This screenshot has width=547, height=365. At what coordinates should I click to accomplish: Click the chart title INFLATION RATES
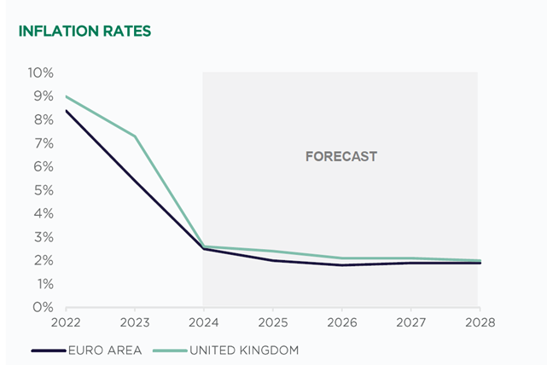tap(84, 32)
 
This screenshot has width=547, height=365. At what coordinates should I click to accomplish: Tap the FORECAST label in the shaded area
tap(341, 157)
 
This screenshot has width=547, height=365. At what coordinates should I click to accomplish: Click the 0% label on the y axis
tap(44, 307)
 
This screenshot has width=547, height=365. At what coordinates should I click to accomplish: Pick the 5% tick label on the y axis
tap(44, 189)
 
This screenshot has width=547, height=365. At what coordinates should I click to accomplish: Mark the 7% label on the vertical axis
tap(44, 142)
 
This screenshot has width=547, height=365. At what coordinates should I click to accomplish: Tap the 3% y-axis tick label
tap(44, 236)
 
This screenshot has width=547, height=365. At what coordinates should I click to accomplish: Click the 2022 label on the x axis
tap(66, 324)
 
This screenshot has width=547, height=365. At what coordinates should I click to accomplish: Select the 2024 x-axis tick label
tap(203, 324)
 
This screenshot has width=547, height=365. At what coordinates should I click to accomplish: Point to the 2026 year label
tap(341, 324)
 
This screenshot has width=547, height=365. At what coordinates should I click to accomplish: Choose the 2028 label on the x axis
tap(479, 324)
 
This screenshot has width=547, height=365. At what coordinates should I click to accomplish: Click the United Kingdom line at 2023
tap(134, 136)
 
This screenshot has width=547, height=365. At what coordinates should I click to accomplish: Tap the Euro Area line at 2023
tap(134, 181)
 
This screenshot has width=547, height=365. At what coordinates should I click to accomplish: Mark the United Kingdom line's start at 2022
tap(66, 96)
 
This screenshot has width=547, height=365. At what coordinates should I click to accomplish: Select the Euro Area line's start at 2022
tap(66, 111)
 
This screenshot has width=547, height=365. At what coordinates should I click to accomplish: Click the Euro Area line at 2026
tap(341, 265)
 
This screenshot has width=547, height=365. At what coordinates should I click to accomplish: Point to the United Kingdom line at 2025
tap(272, 251)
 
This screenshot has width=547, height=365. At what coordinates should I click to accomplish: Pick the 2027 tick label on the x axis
tap(410, 324)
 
